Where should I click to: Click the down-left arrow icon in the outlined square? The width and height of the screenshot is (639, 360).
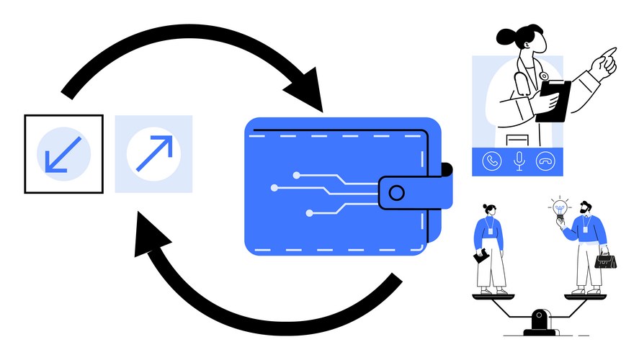pos(63,153)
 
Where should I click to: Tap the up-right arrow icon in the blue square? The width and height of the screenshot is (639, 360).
pos(153,153)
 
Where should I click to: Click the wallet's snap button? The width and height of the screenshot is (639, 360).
pos(396,192)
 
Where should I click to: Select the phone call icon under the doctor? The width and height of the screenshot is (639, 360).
pos(492,162)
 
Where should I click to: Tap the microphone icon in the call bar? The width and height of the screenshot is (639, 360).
pos(518,162)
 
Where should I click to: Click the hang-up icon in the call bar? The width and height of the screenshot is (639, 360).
pos(545,162)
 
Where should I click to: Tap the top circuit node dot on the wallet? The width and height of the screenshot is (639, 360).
pos(295,174)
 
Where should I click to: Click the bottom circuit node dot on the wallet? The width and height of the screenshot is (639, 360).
pos(309,212)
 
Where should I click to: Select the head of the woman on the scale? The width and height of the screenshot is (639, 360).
pos(490,210)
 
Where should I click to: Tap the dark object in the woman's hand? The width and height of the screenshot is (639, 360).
pos(480,256)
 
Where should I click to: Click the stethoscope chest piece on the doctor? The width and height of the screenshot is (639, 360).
pos(544,76)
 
